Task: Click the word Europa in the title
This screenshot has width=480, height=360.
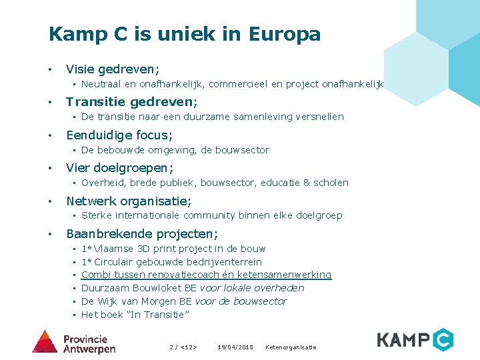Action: pyautogui.click(x=285, y=34)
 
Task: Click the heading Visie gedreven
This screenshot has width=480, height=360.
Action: pyautogui.click(x=112, y=69)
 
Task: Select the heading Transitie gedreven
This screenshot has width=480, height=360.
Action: pyautogui.click(x=131, y=102)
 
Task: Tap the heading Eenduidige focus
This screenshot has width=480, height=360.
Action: pyautogui.click(x=119, y=135)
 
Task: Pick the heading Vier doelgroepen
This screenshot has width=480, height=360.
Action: pyautogui.click(x=119, y=168)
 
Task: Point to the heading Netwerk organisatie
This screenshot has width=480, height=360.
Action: pyautogui.click(x=129, y=201)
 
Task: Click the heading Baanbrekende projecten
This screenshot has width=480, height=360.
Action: pyautogui.click(x=141, y=234)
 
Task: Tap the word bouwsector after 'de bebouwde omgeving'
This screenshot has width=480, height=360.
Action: pyautogui.click(x=243, y=150)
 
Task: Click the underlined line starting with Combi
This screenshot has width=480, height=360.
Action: pyautogui.click(x=206, y=275)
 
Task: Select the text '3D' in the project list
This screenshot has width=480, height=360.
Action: pyautogui.click(x=144, y=249)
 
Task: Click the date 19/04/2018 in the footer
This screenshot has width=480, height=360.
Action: pyautogui.click(x=235, y=347)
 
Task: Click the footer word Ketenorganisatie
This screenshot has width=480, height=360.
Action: pyautogui.click(x=291, y=347)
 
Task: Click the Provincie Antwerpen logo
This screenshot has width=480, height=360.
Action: pyautogui.click(x=74, y=341)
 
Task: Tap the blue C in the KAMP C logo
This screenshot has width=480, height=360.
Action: pyautogui.click(x=441, y=340)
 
